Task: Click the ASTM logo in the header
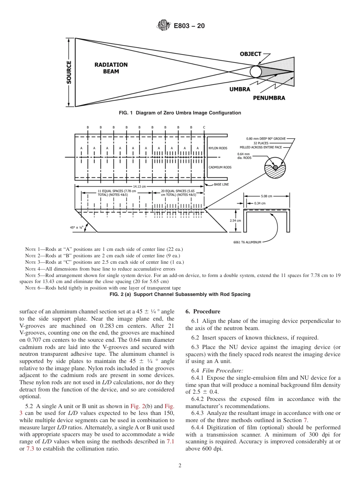coord(163,26)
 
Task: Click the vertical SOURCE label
coord(69,72)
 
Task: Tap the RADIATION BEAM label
coord(111,68)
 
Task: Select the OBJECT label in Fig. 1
coord(250,54)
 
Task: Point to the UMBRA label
coord(239,89)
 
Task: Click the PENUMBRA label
coord(269,98)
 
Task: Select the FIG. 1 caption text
coord(180,113)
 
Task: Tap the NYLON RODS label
coord(218,148)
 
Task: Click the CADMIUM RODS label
coord(220,167)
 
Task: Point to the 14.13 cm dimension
coord(139,186)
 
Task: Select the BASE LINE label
coord(221,185)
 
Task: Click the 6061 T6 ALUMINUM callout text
coord(247,242)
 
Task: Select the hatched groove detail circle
coord(275,167)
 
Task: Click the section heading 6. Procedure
coord(203,311)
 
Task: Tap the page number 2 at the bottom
coord(180,466)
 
